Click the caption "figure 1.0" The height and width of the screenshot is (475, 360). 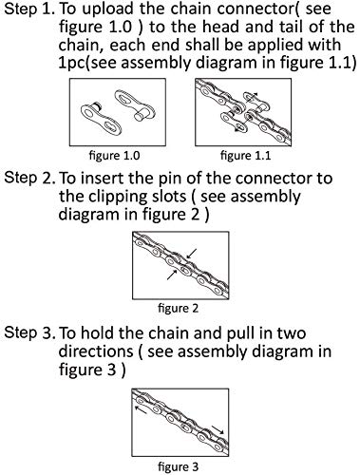click(x=115, y=156)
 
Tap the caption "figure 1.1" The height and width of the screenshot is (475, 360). click(x=246, y=156)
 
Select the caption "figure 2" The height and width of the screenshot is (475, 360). click(x=178, y=309)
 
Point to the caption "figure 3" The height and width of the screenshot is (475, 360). click(x=178, y=466)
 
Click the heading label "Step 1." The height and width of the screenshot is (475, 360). click(x=29, y=9)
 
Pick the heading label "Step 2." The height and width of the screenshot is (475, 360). click(x=29, y=179)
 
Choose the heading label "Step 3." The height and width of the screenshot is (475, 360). click(x=29, y=333)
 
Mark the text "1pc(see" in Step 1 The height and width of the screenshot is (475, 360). click(x=88, y=63)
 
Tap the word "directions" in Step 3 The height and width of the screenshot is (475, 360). click(x=96, y=351)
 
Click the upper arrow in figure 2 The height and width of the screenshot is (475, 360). click(x=192, y=254)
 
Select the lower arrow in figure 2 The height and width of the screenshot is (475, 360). click(x=172, y=275)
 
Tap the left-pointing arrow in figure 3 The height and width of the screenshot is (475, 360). click(x=141, y=409)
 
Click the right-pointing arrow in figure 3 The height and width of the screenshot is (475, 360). click(x=218, y=429)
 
